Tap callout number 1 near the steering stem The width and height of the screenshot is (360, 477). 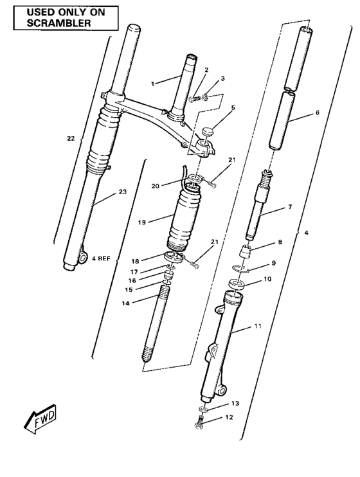point(152,84)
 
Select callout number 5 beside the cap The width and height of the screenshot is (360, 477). point(233,107)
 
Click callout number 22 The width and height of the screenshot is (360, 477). point(71,138)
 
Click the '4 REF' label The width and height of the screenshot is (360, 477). point(101,258)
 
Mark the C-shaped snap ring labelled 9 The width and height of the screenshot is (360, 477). point(239,269)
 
